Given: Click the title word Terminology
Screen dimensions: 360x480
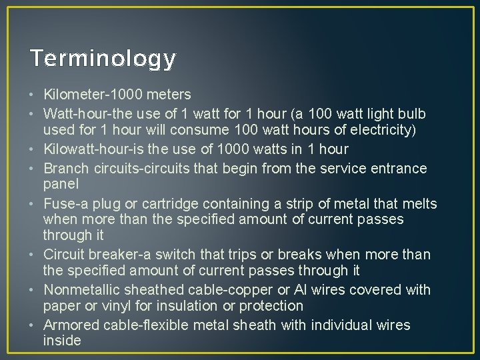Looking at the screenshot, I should pos(103,59).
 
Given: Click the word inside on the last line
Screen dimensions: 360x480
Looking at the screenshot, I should pos(62,341).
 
